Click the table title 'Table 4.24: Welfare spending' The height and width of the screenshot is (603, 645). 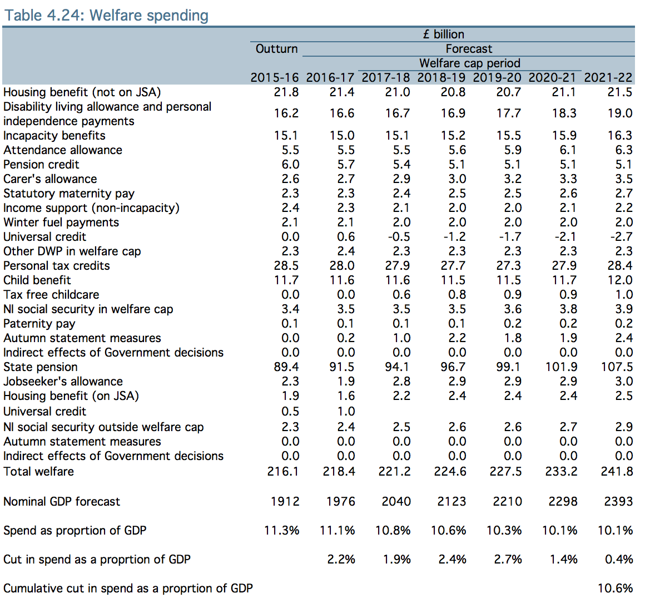pyautogui.click(x=106, y=15)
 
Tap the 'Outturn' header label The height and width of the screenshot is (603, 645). pyautogui.click(x=276, y=49)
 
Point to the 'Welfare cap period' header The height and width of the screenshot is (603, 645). pyautogui.click(x=469, y=63)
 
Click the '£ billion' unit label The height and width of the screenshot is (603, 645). pyautogui.click(x=443, y=34)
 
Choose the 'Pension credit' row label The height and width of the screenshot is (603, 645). pyautogui.click(x=41, y=165)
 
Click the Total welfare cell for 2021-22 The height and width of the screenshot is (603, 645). pyautogui.click(x=616, y=472)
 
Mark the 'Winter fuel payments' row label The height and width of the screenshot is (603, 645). pyautogui.click(x=61, y=223)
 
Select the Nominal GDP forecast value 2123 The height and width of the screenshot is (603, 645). pyautogui.click(x=451, y=502)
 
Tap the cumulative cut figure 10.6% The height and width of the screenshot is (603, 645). pyautogui.click(x=615, y=589)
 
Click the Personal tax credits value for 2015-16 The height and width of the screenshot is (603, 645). pyautogui.click(x=286, y=266)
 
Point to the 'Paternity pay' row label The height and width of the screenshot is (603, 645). pyautogui.click(x=39, y=324)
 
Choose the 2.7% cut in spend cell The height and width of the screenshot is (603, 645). pyautogui.click(x=508, y=560)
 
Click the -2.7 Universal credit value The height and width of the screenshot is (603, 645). pyautogui.click(x=621, y=237)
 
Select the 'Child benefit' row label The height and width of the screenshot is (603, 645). pyautogui.click(x=37, y=280)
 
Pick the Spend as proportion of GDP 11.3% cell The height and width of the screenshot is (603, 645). pyautogui.click(x=282, y=531)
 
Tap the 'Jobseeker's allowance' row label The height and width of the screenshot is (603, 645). pyautogui.click(x=63, y=382)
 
